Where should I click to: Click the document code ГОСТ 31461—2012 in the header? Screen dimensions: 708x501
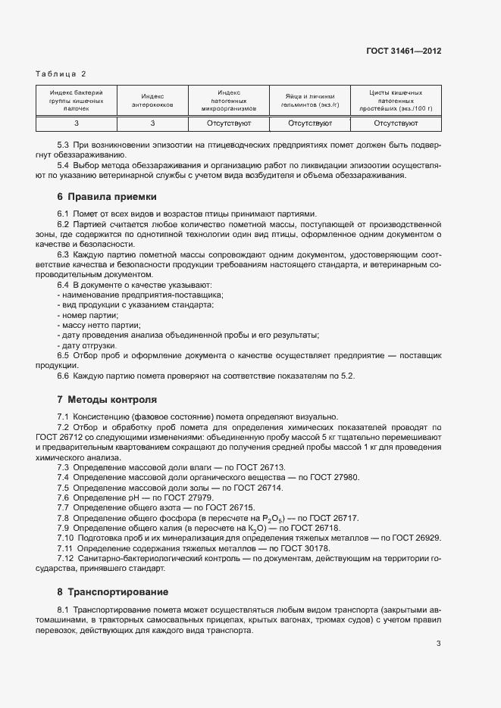[x=402, y=51]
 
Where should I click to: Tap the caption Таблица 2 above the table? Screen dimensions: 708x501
[x=61, y=73]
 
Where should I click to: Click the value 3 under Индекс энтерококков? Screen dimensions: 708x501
[x=152, y=122]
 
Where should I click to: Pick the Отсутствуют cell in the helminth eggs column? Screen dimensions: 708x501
[x=310, y=122]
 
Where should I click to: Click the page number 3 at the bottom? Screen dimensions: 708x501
[x=439, y=644]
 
